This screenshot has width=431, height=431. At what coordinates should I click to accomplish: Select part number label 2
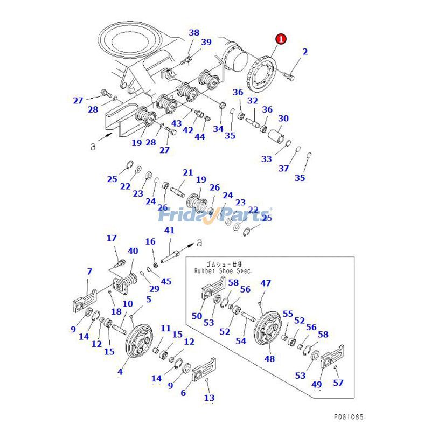coord(305,52)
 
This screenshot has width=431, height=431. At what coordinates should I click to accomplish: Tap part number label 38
coord(194,33)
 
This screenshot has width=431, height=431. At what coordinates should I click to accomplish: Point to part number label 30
coord(283,119)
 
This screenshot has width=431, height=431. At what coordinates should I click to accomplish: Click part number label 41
coord(169,231)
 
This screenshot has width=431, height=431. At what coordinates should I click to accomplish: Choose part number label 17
coord(112,238)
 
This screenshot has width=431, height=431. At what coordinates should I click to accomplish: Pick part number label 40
coord(133,251)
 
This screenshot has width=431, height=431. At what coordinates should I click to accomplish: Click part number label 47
coord(266,283)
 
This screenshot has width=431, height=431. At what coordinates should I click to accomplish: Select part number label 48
coord(269,358)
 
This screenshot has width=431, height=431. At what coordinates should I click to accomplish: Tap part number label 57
coord(338,383)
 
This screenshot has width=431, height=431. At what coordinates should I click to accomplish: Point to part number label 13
coord(209,398)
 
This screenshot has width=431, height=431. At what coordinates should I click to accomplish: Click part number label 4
coord(120,371)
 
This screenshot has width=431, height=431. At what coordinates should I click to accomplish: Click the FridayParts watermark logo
coord(215,215)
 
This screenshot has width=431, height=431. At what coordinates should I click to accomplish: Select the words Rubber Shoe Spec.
coord(223,271)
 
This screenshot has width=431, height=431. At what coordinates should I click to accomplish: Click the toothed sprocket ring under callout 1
coord(263,75)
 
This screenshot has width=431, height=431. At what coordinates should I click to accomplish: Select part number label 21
coord(187,173)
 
